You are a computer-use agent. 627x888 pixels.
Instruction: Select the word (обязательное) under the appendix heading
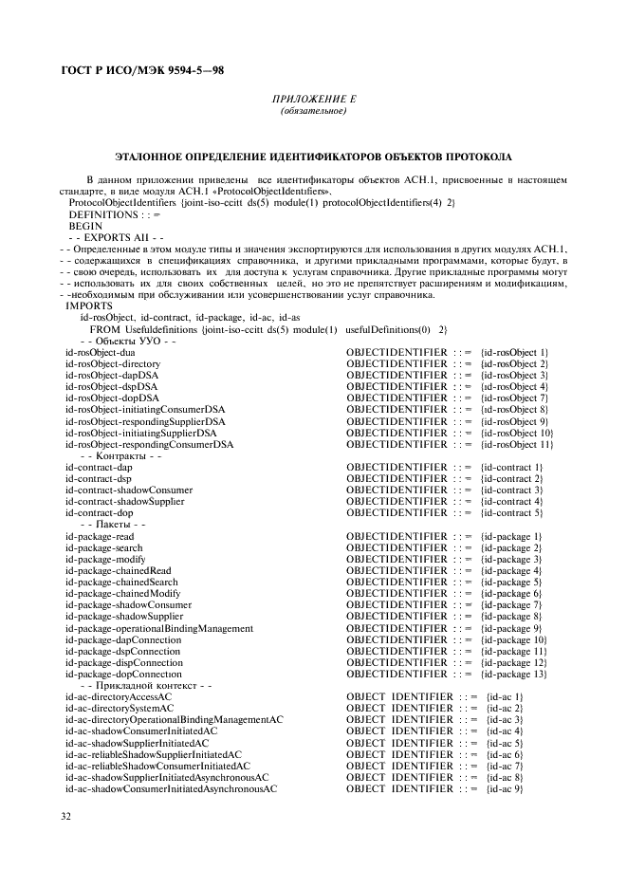tap(313, 112)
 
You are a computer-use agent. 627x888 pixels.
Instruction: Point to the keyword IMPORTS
tap(88, 305)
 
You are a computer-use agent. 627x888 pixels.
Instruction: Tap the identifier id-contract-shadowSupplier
tap(124, 501)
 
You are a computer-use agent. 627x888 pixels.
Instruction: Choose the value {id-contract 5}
tap(511, 512)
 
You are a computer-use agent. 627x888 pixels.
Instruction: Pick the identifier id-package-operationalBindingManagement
tap(158, 628)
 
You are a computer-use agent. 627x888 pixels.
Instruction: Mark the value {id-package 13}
tap(514, 674)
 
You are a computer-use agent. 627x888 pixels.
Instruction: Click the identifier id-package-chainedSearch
tap(121, 582)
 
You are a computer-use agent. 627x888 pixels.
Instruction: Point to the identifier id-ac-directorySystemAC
tap(120, 709)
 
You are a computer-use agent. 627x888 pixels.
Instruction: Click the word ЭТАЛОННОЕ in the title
tap(150, 156)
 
